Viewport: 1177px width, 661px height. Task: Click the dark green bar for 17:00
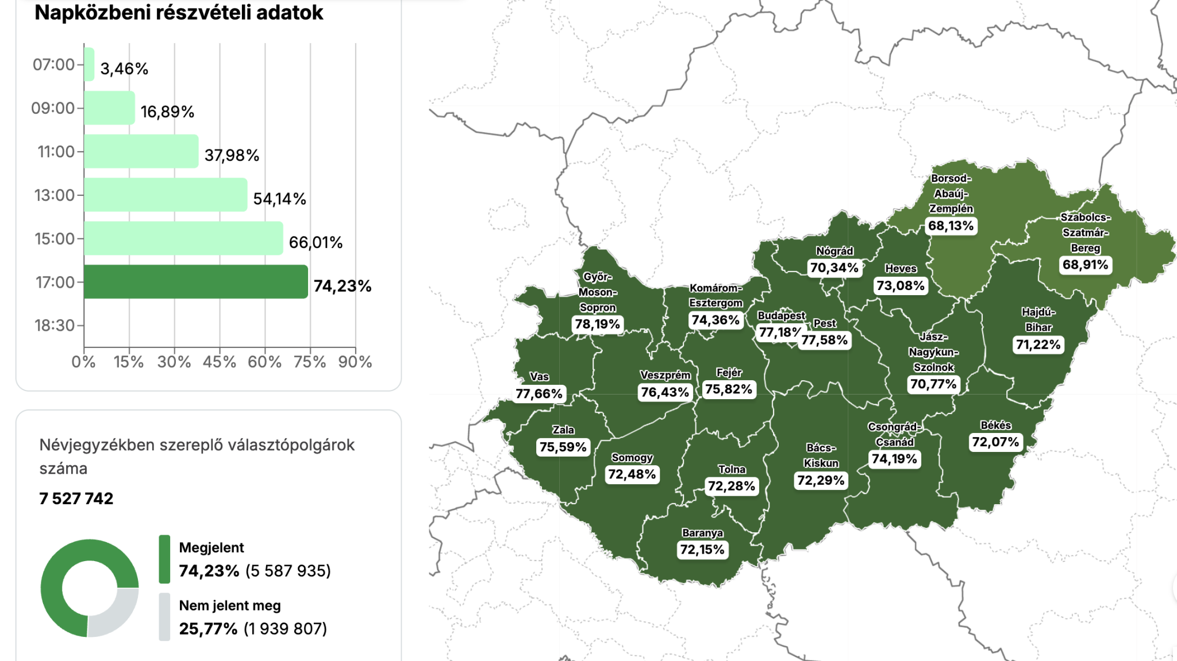pos(195,281)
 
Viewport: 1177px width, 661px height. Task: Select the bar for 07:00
pos(89,64)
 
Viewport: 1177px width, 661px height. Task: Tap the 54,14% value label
pos(279,199)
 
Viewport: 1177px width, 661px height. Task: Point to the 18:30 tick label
pos(55,326)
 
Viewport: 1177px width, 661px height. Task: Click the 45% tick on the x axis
pos(219,362)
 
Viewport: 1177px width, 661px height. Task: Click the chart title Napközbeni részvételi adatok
pos(179,13)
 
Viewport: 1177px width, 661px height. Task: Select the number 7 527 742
pos(76,498)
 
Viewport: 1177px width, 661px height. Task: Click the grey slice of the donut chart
pos(115,614)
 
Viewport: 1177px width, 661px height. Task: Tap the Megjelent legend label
pos(211,547)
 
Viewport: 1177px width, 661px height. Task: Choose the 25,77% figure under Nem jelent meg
pos(208,629)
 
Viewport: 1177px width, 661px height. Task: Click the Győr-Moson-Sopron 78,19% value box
pos(597,324)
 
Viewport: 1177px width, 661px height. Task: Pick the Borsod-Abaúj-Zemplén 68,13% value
pos(951,226)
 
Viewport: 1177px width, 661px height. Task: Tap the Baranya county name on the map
pos(702,533)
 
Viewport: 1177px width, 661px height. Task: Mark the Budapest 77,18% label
pos(778,332)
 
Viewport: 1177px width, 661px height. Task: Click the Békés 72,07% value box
pos(995,442)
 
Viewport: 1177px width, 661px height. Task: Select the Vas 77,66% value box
pos(539,394)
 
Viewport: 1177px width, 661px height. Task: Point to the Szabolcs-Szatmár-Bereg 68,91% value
pos(1085,265)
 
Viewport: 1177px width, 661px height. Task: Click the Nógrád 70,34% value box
pos(834,268)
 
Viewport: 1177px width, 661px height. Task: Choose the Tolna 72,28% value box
pos(731,486)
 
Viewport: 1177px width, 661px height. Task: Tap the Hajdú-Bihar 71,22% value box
pos(1038,345)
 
